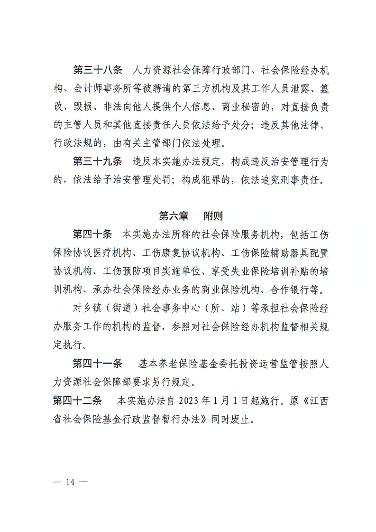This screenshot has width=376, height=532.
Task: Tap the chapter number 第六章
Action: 174,216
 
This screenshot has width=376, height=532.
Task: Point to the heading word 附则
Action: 213,216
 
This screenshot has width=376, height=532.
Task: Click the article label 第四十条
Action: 92,234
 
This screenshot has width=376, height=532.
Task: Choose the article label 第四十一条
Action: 97,364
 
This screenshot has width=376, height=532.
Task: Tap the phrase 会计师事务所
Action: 104,89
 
